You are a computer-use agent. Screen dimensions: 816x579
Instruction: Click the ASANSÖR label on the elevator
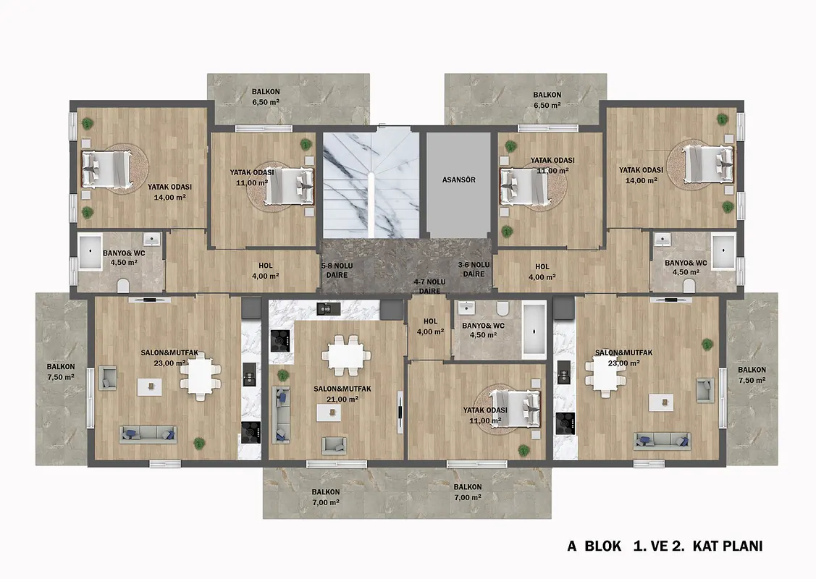coord(458,179)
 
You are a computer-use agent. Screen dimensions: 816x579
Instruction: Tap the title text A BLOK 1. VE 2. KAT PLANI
coord(665,546)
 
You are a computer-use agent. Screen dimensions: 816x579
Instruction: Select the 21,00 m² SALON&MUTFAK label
coord(342,394)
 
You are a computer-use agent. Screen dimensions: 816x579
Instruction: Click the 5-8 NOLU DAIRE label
coord(337,270)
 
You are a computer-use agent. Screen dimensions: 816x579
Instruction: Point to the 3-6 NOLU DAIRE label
coord(474,269)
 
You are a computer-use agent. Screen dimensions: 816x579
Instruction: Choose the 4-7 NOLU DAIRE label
coord(430,286)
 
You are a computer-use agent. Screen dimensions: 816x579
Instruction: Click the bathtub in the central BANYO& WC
coord(534,330)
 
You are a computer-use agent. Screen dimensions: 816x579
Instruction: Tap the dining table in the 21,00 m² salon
coord(346,356)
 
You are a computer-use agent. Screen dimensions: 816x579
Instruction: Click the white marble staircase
coord(371,185)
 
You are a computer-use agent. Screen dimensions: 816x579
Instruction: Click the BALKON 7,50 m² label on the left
coord(61,372)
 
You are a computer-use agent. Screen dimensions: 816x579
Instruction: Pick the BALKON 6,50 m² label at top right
coord(547,100)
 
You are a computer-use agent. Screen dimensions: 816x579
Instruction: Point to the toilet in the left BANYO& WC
coord(123,286)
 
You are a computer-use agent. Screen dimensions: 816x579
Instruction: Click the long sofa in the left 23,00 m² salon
coord(148,435)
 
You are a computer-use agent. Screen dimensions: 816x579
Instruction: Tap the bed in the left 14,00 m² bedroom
coord(106,169)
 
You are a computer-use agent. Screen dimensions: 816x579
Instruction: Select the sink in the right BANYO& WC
coord(663,239)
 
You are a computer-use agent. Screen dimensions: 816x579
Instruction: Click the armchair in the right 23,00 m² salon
coord(704,390)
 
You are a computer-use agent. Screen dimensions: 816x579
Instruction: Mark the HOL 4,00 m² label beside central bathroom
coord(430,326)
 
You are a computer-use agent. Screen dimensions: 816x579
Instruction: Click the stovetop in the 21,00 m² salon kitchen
coord(280,341)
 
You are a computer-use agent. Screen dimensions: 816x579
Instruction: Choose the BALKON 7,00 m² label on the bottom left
coord(326,497)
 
